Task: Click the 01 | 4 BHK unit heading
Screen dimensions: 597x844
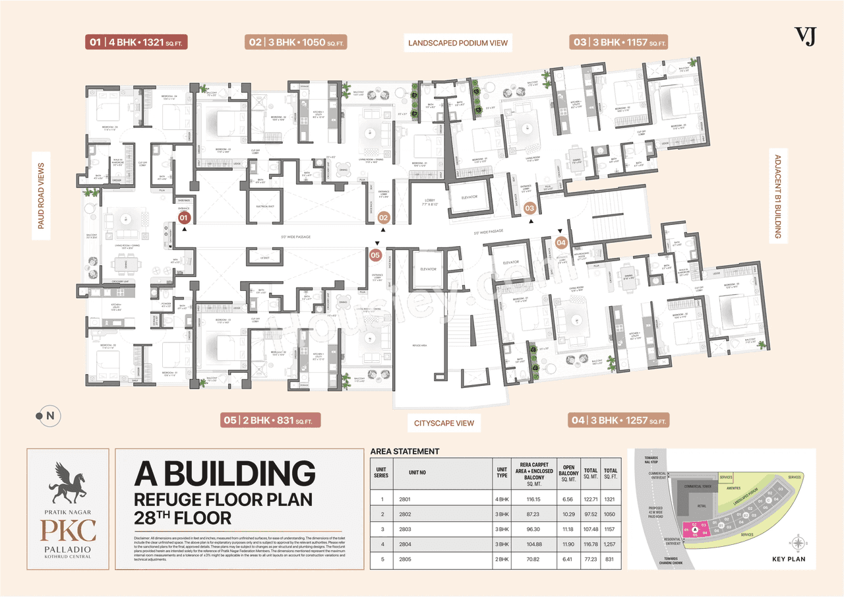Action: tap(137, 42)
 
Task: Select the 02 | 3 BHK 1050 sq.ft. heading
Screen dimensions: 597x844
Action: tap(296, 42)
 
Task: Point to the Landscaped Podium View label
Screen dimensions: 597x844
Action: tap(458, 43)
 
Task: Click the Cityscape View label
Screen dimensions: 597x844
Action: tap(444, 422)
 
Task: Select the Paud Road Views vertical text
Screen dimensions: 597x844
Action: tap(41, 196)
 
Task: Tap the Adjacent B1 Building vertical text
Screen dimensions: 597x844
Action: tap(777, 197)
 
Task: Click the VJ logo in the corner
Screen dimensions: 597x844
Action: tap(805, 36)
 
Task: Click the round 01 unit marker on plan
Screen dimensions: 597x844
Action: tap(185, 216)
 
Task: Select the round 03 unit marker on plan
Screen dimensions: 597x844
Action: tap(529, 208)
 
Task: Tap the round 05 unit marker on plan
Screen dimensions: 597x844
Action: tap(375, 254)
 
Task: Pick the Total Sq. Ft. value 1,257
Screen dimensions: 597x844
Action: tap(611, 544)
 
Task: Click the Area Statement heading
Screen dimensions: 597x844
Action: tap(405, 451)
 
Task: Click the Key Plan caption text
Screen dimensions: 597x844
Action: tap(788, 558)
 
